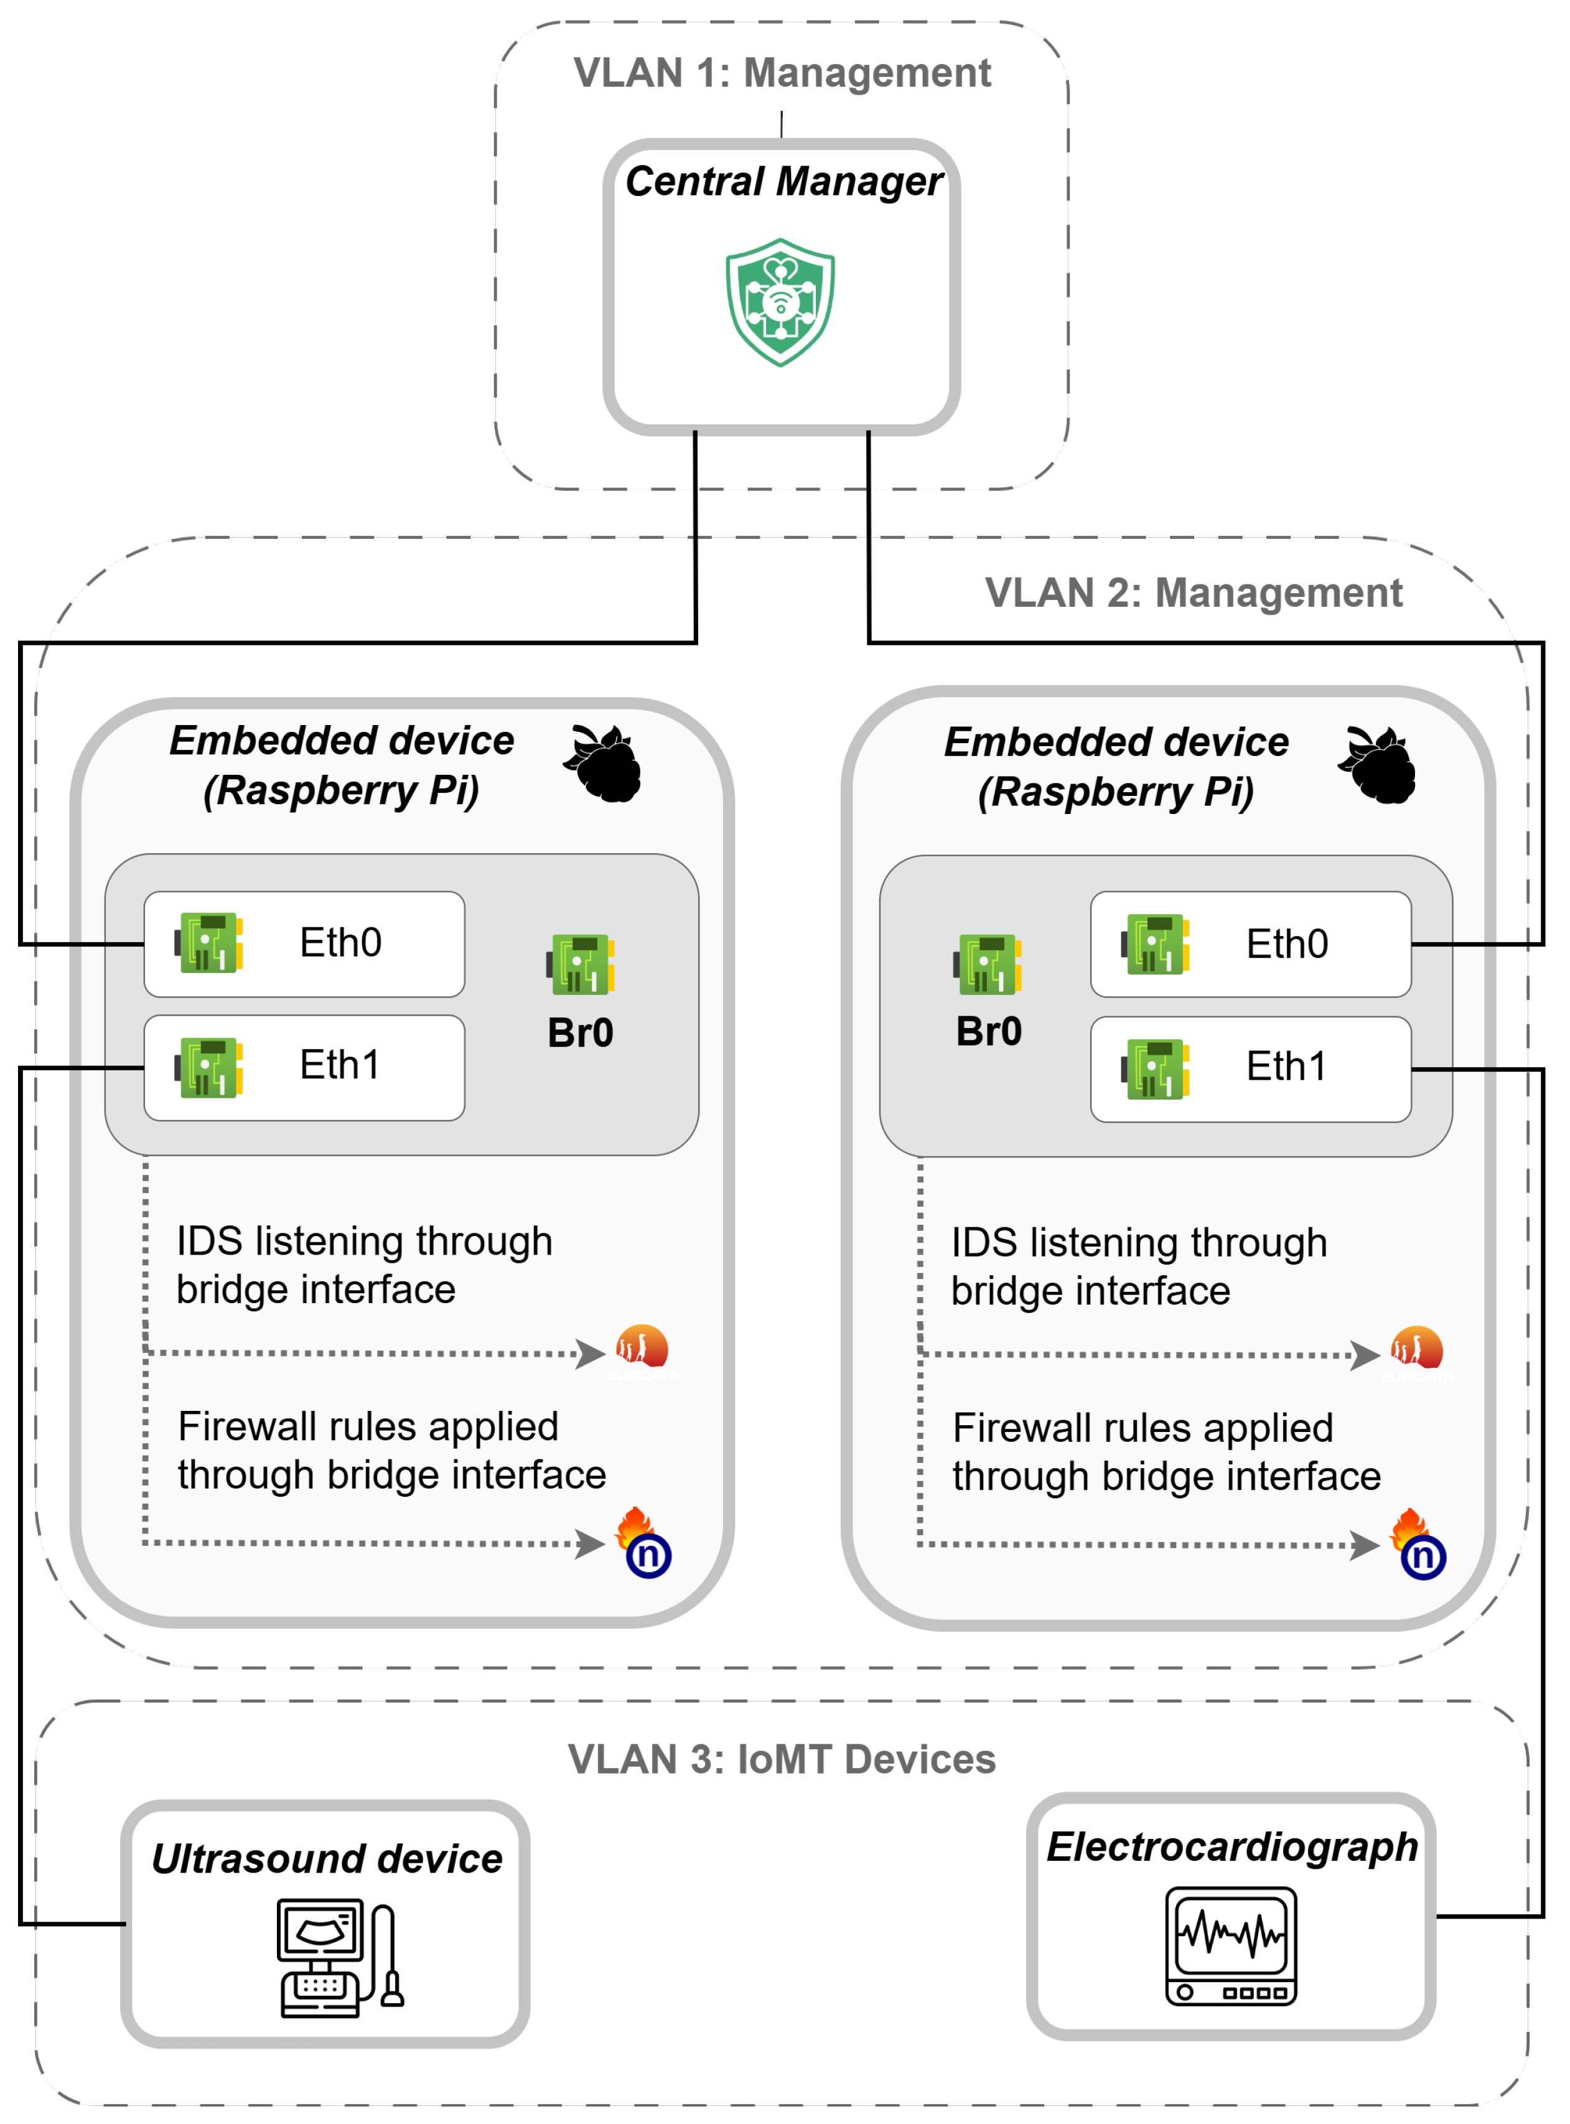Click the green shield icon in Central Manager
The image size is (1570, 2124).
coord(780,302)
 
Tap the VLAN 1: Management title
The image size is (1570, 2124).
coord(782,73)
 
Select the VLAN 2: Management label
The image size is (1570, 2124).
coord(1194,593)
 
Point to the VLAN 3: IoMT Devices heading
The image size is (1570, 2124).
coord(782,1759)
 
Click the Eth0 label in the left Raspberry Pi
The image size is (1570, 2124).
coord(340,943)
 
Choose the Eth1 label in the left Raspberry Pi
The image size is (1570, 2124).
coord(339,1065)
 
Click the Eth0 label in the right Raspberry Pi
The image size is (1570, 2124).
coord(1287,945)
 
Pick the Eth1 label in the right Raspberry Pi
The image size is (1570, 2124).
coord(1286,1067)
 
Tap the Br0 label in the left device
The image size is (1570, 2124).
coord(581,1033)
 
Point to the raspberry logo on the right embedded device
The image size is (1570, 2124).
coord(1377,766)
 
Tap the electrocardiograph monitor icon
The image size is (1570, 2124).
coord(1231,1946)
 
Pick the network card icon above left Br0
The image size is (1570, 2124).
coord(581,963)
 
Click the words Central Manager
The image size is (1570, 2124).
coord(784,182)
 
